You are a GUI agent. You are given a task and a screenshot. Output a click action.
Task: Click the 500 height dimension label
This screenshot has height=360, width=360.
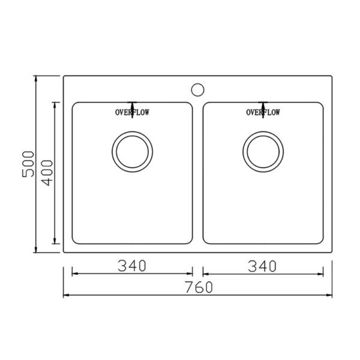coord(28,164)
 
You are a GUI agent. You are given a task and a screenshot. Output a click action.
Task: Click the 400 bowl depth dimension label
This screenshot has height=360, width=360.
coord(47,173)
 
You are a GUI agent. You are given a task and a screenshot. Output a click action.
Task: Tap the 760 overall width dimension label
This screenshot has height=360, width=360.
coord(199,287)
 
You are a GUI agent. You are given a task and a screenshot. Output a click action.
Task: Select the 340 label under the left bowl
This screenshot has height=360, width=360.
coord(132,266)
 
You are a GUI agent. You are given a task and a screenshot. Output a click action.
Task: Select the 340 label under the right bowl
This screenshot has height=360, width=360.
coord(262,266)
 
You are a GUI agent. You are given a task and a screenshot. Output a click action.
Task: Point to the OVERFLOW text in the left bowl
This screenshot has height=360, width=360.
coord(132,112)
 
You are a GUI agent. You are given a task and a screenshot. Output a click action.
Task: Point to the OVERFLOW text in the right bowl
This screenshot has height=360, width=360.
coord(263,112)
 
